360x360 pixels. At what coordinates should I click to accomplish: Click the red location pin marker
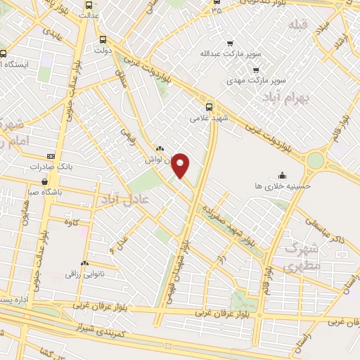[181, 165]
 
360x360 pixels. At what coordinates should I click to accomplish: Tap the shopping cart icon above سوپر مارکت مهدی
[255, 70]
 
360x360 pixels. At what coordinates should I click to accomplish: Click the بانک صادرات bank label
[51, 167]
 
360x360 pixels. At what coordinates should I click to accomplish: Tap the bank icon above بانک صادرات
[51, 156]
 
